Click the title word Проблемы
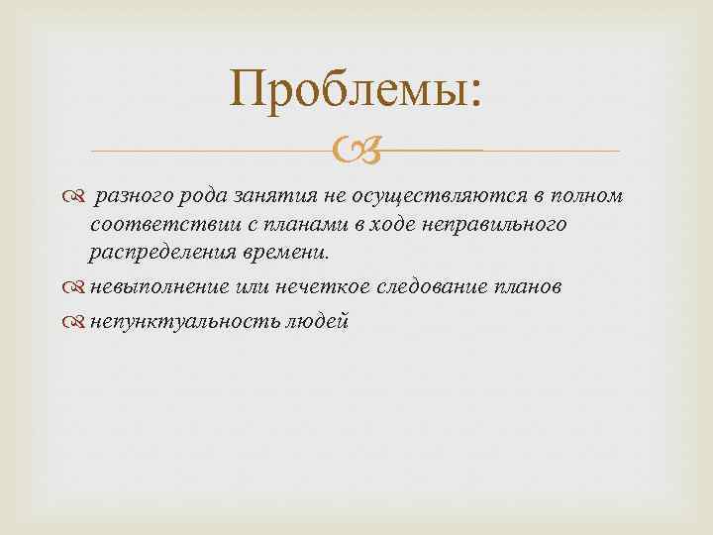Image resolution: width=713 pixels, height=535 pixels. pos(356,92)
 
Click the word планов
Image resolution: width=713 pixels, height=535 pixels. pos(526,287)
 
